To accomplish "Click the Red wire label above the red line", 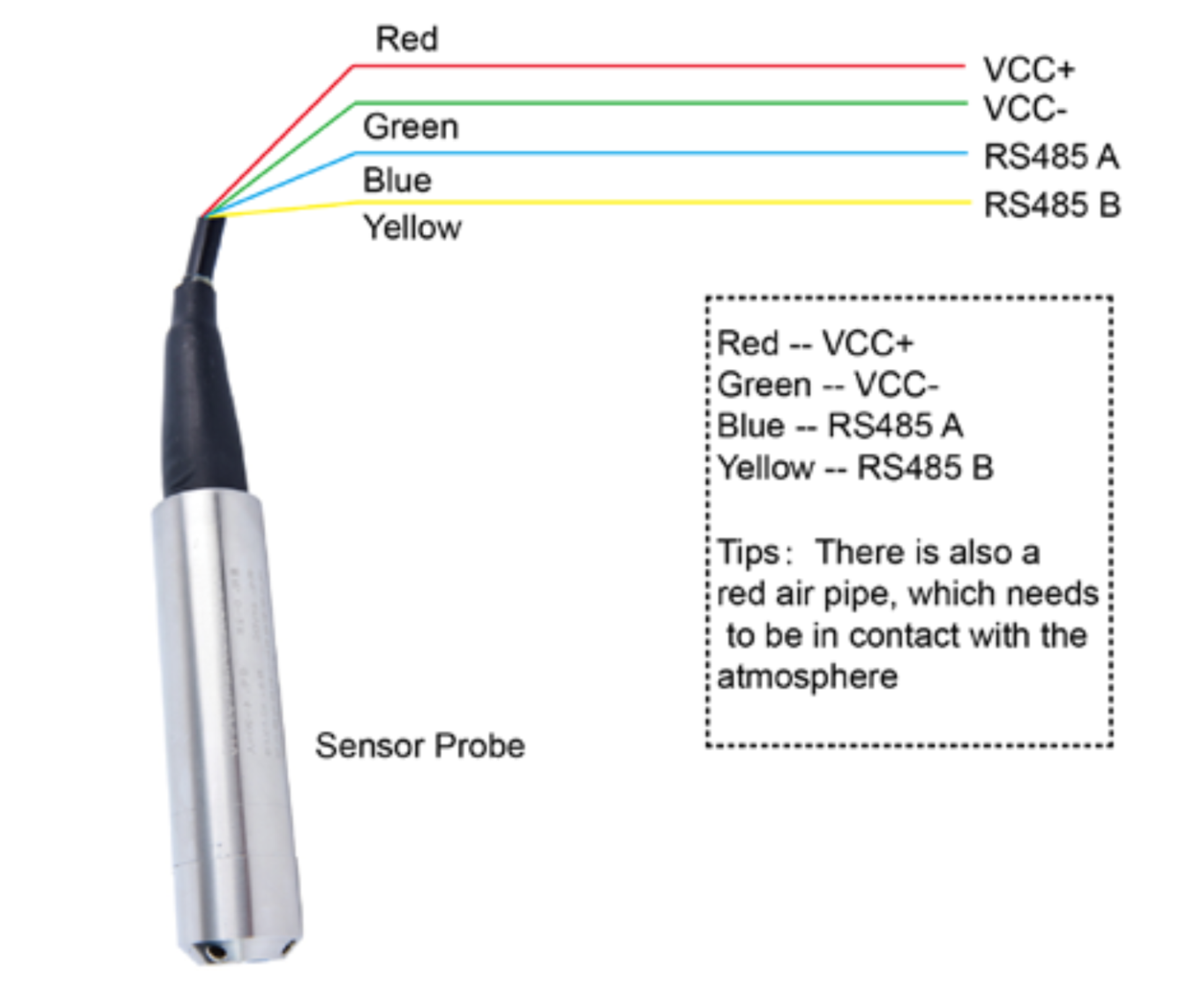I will (x=407, y=38).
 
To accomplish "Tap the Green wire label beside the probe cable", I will (x=410, y=127).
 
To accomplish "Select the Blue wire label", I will (x=397, y=181).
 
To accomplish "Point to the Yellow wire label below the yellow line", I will (x=412, y=228).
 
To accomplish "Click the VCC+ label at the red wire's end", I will (x=1028, y=69).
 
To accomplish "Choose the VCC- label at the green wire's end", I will (x=1024, y=109).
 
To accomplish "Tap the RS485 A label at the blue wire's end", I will (x=1051, y=156).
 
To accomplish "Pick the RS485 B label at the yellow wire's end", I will (x=1052, y=205).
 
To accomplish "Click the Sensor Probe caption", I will (x=420, y=745).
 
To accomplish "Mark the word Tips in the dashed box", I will (x=748, y=552).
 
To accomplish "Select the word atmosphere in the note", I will (x=807, y=677).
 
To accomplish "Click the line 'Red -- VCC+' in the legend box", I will (x=814, y=343).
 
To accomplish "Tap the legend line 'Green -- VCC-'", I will (x=827, y=384).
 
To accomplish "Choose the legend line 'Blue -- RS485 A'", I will (x=839, y=426).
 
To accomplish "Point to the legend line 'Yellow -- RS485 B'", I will (x=855, y=467).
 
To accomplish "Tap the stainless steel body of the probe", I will (x=226, y=712).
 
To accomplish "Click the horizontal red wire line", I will (x=656, y=66).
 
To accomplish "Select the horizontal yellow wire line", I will (x=656, y=202).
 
